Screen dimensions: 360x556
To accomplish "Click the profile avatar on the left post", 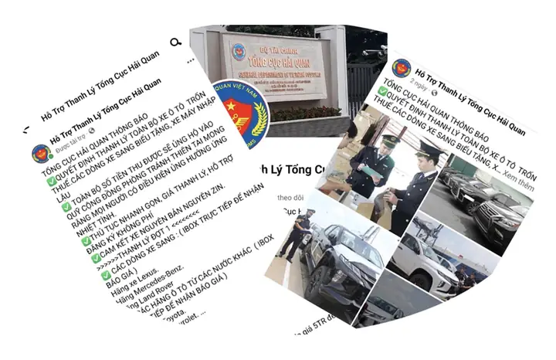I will (41, 153).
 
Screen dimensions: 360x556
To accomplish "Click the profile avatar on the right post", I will (402, 69).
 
